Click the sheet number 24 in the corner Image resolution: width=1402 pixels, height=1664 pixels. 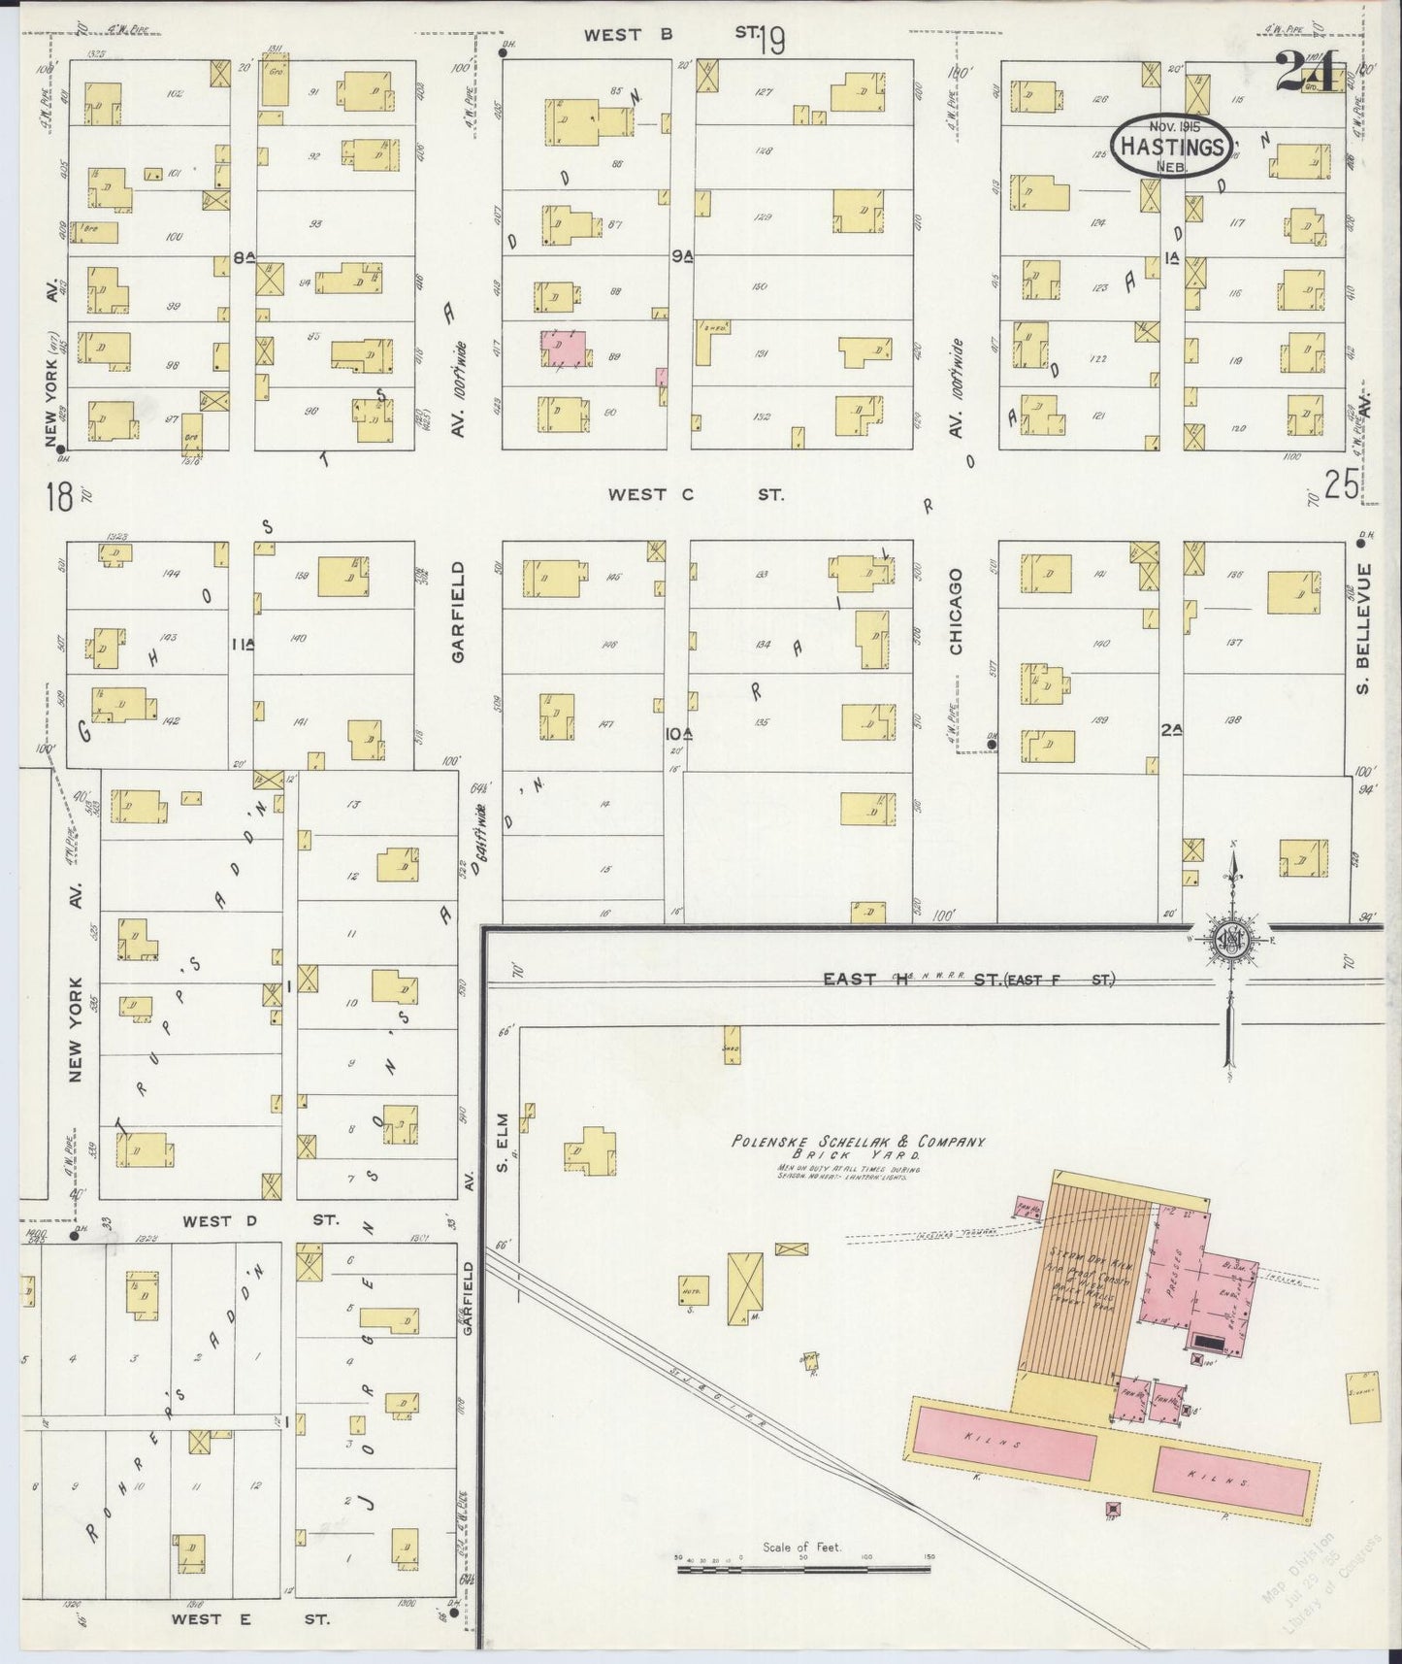[1309, 72]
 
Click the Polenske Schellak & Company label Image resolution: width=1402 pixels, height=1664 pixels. [858, 1143]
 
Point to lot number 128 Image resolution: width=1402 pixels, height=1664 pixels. [761, 151]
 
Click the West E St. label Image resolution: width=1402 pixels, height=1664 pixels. [250, 1619]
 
